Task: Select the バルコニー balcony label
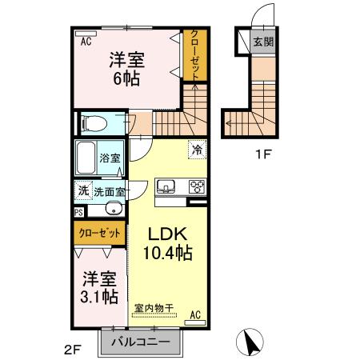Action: coord(139,342)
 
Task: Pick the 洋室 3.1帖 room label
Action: coord(99,287)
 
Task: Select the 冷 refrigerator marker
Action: coord(196,149)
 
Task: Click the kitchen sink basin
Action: coord(167,186)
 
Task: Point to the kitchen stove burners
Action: coord(196,186)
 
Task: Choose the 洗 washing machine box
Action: coord(82,191)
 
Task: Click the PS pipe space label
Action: coord(78,213)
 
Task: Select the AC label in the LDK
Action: coord(194,315)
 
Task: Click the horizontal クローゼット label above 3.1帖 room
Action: coord(100,234)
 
